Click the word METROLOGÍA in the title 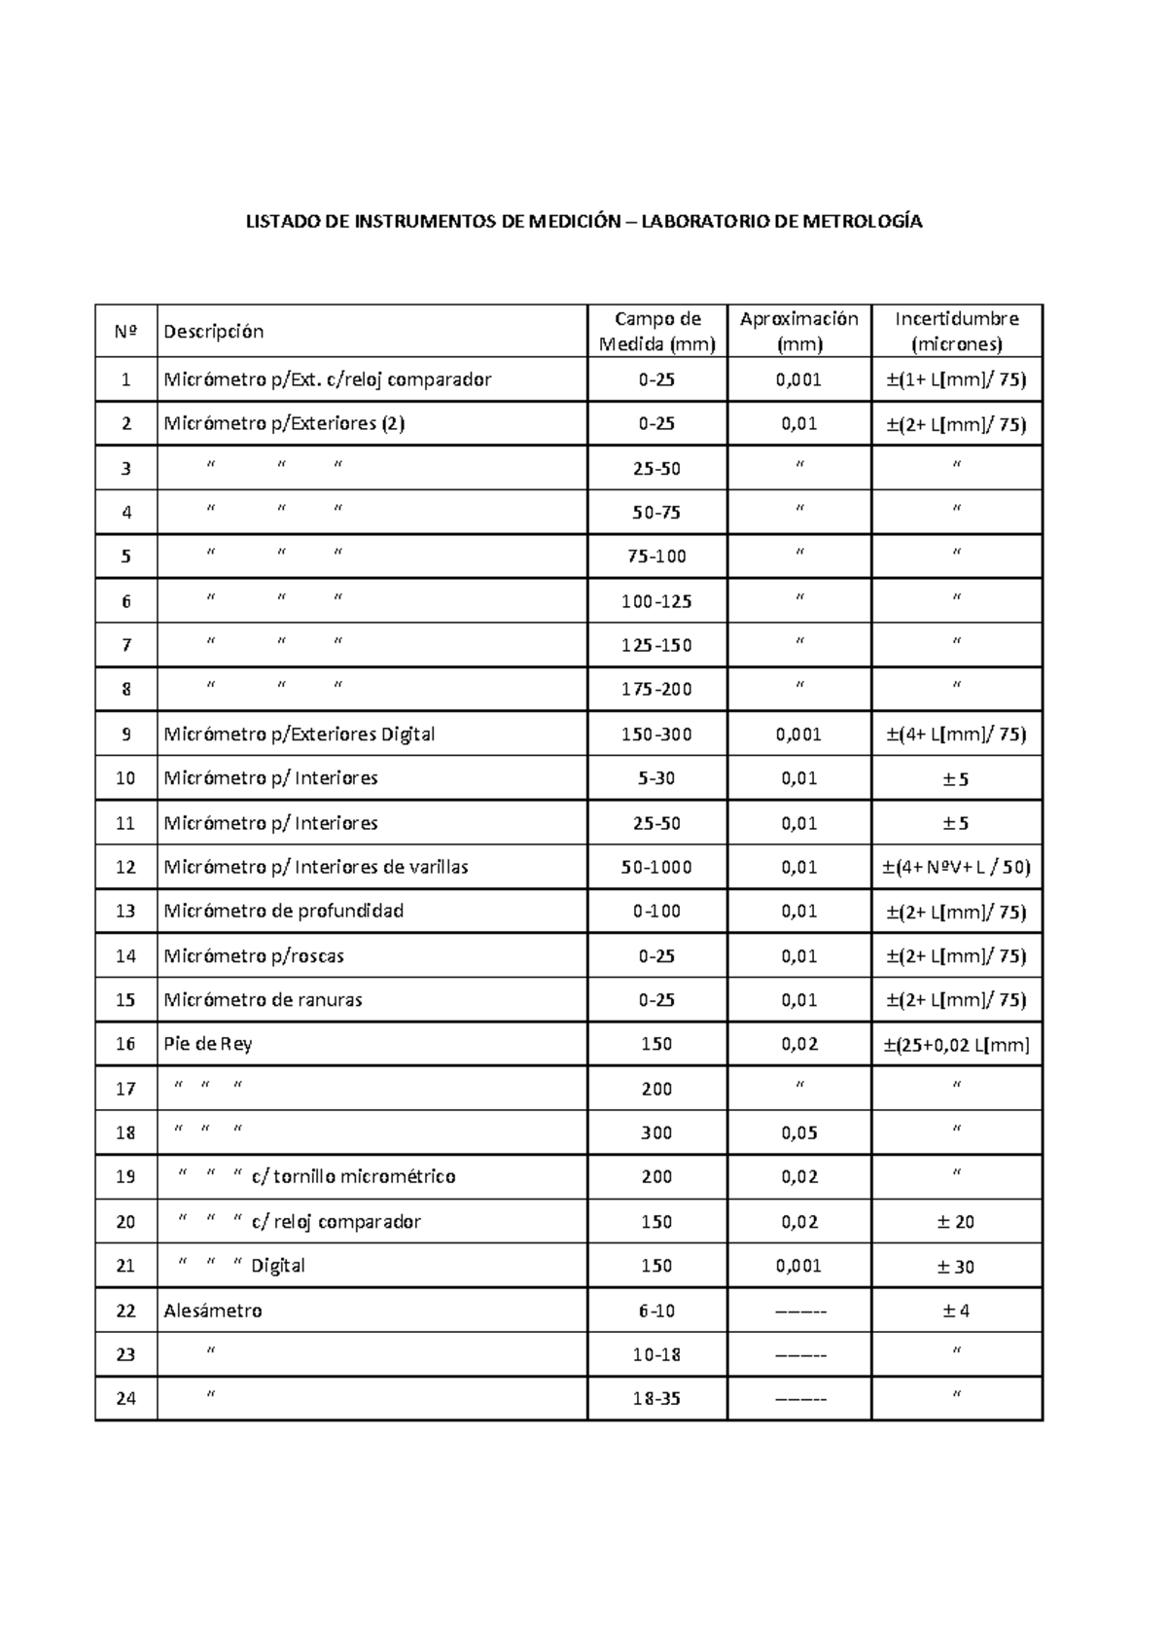pos(862,222)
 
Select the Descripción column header pos(213,332)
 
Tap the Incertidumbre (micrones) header pos(957,331)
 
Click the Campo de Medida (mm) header pos(656,331)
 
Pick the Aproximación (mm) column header pos(798,331)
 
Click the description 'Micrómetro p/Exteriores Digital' pos(299,735)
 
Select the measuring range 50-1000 pos(656,867)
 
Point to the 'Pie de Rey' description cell pos(208,1044)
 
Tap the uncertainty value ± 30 pos(957,1267)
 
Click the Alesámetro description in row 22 pos(213,1311)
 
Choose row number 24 pos(125,1399)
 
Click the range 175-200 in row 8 pos(656,690)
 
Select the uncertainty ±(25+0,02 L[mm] pos(957,1045)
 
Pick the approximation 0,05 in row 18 pos(798,1132)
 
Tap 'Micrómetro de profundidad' pos(283,912)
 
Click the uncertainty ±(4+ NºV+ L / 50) pos(957,867)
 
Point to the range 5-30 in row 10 pos(656,778)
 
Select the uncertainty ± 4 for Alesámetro pos(957,1311)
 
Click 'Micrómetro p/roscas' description pos(254,956)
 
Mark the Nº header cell pos(125,332)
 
